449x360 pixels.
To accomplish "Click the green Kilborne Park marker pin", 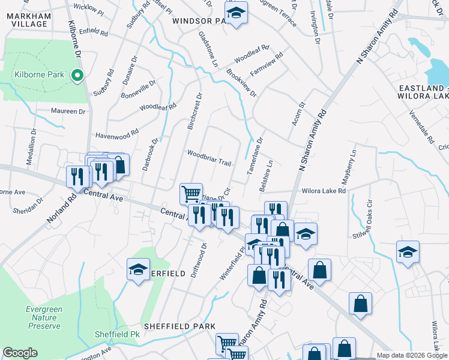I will point(77,76).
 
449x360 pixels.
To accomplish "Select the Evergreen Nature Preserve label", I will point(44,317).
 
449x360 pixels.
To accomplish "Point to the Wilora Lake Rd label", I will point(324,191).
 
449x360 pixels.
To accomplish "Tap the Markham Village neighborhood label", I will point(29,18).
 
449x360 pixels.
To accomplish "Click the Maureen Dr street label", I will point(68,111).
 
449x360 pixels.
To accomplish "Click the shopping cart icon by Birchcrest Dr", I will point(191,193).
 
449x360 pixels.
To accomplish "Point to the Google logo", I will point(20,353).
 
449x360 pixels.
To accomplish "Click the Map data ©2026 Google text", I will point(412,355).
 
